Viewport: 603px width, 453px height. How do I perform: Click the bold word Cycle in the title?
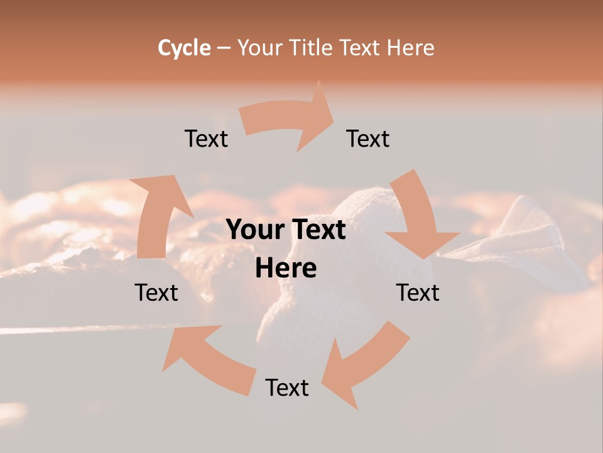184,48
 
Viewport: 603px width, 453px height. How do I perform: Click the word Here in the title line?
410,48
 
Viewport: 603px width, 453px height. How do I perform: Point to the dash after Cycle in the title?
224,48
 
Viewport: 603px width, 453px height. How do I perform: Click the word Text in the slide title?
362,48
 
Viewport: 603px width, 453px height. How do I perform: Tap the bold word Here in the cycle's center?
286,269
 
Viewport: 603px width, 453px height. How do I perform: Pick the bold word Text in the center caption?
318,230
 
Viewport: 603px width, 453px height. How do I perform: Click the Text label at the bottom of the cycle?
287,388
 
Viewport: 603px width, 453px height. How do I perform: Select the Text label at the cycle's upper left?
206,138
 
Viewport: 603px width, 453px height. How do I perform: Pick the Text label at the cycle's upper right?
368,138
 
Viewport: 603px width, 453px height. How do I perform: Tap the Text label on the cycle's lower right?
418,293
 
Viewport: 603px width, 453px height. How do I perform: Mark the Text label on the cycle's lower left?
156,293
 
